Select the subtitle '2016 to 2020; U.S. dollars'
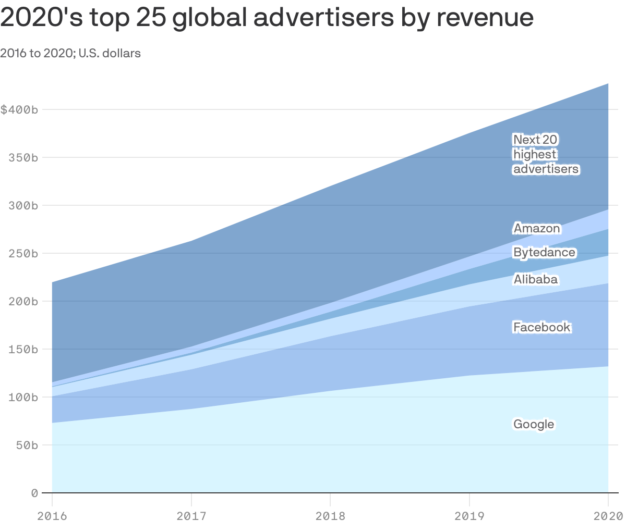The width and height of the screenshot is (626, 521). coord(70,53)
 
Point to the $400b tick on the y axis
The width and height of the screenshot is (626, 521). coord(19,110)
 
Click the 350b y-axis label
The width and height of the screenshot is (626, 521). coord(23,158)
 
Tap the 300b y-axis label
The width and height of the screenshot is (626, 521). coord(23,206)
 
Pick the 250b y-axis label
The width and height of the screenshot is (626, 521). coord(23,254)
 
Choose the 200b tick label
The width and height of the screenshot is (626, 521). coord(23,302)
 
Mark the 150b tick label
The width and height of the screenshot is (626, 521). coord(23,350)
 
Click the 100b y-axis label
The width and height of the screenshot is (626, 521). coord(23,398)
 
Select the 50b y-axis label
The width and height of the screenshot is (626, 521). coord(27,445)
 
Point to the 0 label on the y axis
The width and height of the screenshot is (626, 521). coord(34,493)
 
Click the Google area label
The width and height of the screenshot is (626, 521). coord(534,424)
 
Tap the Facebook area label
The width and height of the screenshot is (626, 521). coord(542,327)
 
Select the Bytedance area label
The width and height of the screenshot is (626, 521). coord(544,253)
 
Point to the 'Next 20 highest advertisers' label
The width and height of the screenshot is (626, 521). coord(546,154)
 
